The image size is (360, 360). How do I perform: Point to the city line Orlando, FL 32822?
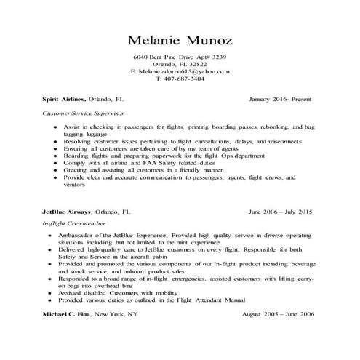[180, 64]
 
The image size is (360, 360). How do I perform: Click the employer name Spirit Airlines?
[64, 97]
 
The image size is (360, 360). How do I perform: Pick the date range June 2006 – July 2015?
[280, 212]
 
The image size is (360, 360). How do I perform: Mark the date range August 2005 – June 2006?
[277, 313]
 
